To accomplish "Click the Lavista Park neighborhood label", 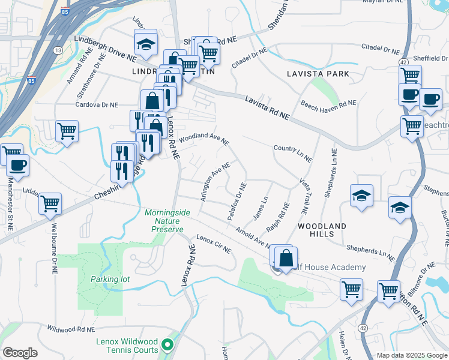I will pos(318,74).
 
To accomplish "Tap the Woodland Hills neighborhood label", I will pos(322,230).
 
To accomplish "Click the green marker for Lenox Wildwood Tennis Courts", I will pos(169,346).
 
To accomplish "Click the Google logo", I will pos(20,353).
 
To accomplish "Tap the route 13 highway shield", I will pos(58,49).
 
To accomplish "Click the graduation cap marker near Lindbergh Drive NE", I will pos(145,43).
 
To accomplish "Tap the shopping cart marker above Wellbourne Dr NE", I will pos(50,204).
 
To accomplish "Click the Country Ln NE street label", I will pos(292,153).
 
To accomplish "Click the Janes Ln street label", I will pos(260,208).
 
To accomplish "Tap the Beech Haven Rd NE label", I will pos(329,104).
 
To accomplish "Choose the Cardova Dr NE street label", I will pos(96,104).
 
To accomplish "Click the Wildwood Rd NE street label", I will pos(72,329).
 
